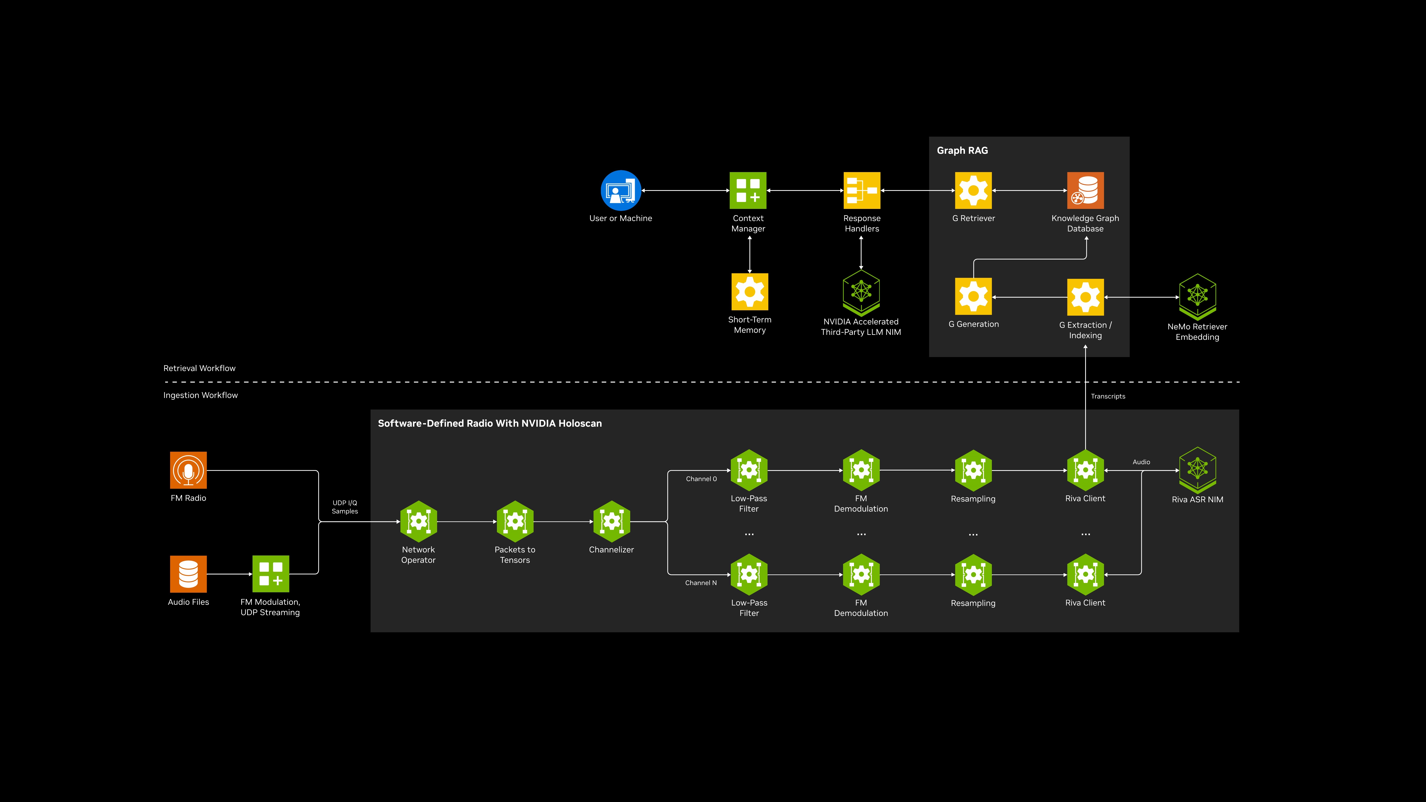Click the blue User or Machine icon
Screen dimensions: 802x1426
pyautogui.click(x=621, y=190)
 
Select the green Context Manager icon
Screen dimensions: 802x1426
pyautogui.click(x=748, y=190)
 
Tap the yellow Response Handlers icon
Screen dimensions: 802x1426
pyautogui.click(x=861, y=190)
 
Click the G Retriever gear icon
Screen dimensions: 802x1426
pyautogui.click(x=973, y=190)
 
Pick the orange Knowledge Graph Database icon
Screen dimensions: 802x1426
pyautogui.click(x=1085, y=190)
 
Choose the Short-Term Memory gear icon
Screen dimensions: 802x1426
pyautogui.click(x=749, y=292)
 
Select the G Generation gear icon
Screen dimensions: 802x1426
pyautogui.click(x=973, y=296)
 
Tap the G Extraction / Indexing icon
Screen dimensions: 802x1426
pyautogui.click(x=1085, y=297)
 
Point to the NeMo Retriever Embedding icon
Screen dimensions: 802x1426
pyautogui.click(x=1197, y=296)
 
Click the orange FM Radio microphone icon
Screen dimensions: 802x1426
pyautogui.click(x=188, y=470)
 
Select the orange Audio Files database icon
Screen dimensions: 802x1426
pyautogui.click(x=188, y=574)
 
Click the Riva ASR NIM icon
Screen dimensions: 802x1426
pyautogui.click(x=1197, y=470)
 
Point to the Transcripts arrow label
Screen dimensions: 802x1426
pyautogui.click(x=1108, y=396)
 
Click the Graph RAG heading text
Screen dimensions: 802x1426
pyautogui.click(x=962, y=150)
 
